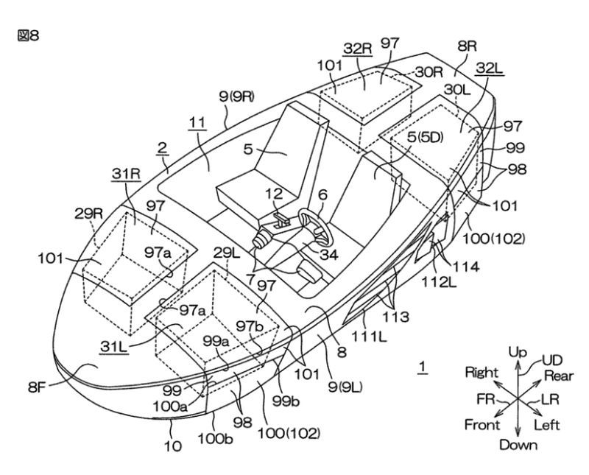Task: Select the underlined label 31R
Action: (124, 173)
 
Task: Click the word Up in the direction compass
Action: (518, 353)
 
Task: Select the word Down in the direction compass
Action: (518, 444)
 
